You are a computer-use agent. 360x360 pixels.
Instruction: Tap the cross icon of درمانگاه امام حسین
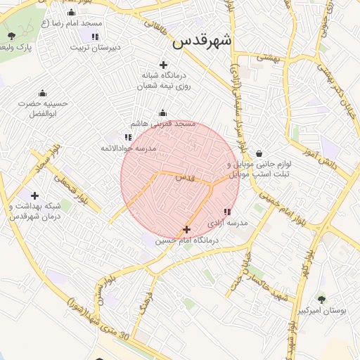(186, 229)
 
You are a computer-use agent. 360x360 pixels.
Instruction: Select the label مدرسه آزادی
(227, 222)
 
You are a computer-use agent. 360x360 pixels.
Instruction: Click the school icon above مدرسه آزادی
(226, 211)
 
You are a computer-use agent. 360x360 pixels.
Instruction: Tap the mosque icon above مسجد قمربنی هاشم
(163, 112)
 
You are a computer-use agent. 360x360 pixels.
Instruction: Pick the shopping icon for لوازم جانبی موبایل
(259, 153)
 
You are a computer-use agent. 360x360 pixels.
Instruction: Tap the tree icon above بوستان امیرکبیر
(321, 299)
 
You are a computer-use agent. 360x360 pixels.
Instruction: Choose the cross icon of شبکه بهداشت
(34, 195)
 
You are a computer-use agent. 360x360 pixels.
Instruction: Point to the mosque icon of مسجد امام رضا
(71, 13)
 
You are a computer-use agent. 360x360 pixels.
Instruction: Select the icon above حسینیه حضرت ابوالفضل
(42, 94)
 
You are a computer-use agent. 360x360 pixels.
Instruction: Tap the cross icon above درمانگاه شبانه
(164, 65)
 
